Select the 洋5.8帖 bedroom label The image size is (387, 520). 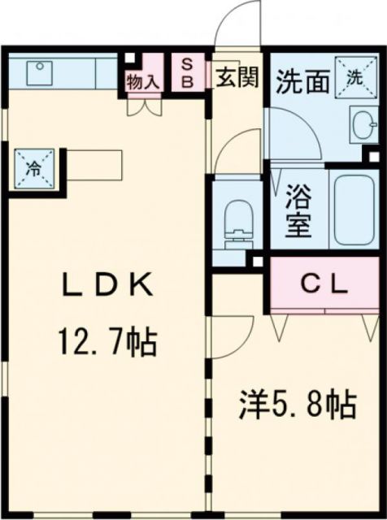(x=298, y=403)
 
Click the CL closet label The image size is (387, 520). (x=325, y=284)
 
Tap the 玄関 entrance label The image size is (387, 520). (x=237, y=77)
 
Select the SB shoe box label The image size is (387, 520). (x=187, y=72)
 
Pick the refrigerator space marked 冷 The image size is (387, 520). (x=34, y=169)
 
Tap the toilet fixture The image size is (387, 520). (x=237, y=219)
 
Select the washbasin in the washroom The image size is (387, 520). (x=363, y=126)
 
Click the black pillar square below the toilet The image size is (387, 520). (x=257, y=262)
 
